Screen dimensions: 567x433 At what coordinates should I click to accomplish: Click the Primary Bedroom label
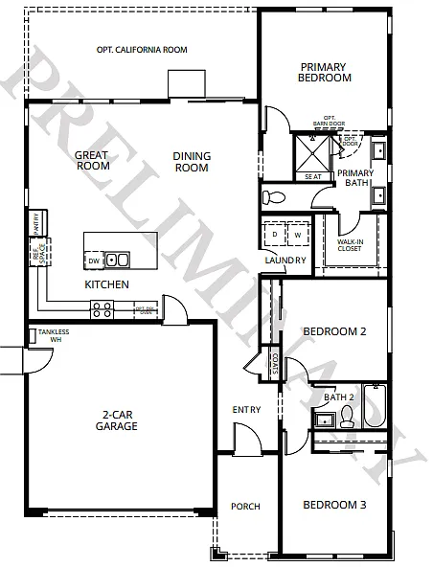pyautogui.click(x=325, y=72)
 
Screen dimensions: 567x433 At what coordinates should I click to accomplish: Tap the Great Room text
pyautogui.click(x=92, y=160)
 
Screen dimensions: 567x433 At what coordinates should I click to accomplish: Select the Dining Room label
pyautogui.click(x=191, y=162)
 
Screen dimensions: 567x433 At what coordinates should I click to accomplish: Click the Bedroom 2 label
pyautogui.click(x=335, y=332)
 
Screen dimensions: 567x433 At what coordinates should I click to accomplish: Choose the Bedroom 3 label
pyautogui.click(x=335, y=505)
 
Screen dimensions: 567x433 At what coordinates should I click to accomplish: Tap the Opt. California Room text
pyautogui.click(x=142, y=50)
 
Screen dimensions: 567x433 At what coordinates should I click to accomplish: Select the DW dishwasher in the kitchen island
pyautogui.click(x=94, y=260)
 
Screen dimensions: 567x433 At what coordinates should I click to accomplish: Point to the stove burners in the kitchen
pyautogui.click(x=101, y=309)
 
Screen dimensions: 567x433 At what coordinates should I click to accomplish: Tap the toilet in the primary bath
pyautogui.click(x=274, y=196)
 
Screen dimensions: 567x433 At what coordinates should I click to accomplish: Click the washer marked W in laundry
pyautogui.click(x=298, y=235)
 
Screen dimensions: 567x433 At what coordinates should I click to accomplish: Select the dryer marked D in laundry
pyautogui.click(x=275, y=235)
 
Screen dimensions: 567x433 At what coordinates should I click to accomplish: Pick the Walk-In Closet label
pyautogui.click(x=350, y=245)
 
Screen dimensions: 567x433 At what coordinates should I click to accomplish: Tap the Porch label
pyautogui.click(x=246, y=507)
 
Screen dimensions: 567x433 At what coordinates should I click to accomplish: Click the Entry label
pyautogui.click(x=246, y=410)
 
